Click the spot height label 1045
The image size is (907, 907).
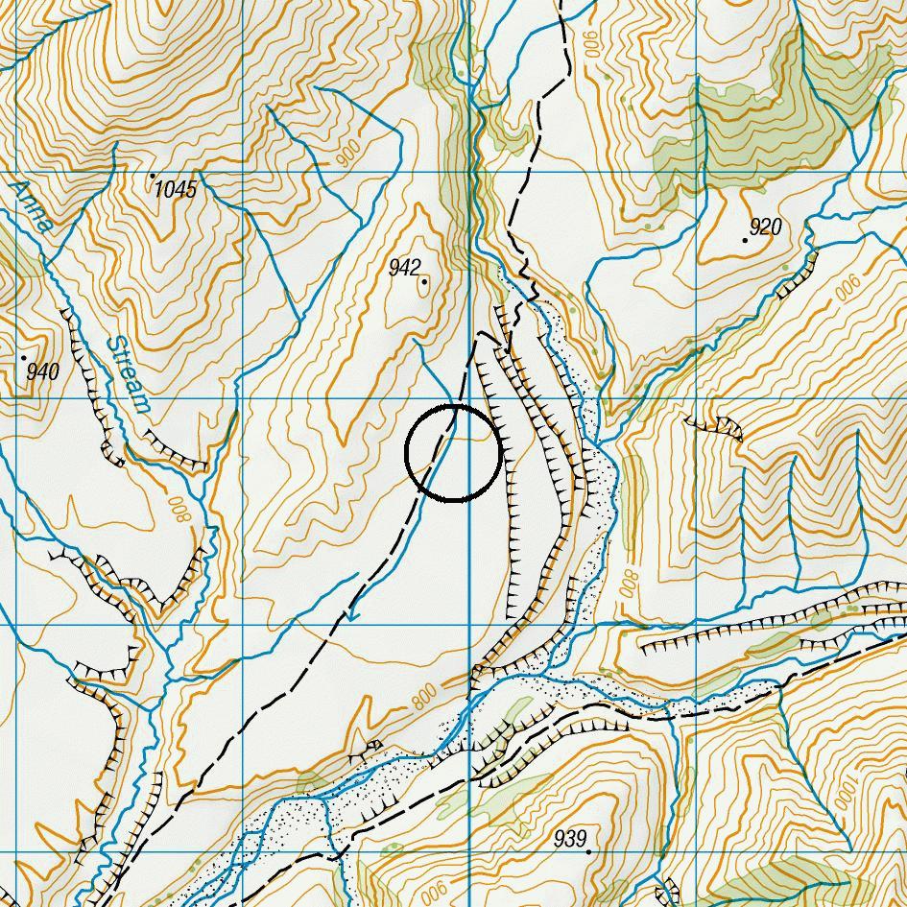tap(176, 189)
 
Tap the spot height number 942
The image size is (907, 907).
tap(405, 268)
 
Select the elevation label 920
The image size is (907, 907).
tap(766, 227)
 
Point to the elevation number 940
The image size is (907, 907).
tap(43, 371)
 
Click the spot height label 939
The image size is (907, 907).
tap(570, 839)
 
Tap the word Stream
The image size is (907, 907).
tap(129, 374)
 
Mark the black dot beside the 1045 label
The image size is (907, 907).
tap(153, 176)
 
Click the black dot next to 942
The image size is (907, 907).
tap(424, 281)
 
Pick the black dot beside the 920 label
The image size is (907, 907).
tap(745, 239)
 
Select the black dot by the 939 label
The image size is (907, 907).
tap(587, 850)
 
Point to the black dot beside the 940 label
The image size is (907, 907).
tap(24, 357)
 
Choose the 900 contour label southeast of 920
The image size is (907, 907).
tap(847, 285)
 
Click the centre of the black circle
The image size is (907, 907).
tap(454, 453)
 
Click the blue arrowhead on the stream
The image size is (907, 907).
tap(352, 614)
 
